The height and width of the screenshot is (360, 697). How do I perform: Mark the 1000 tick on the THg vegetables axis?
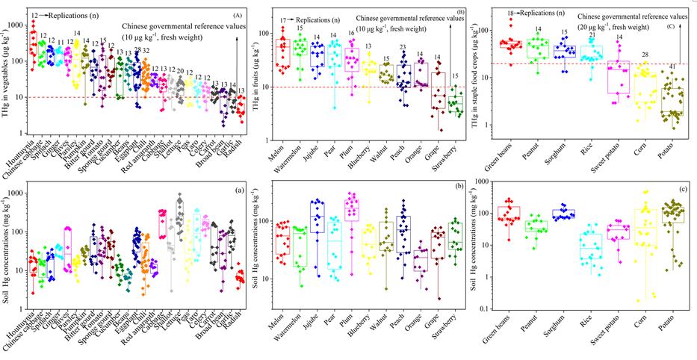click(x=23, y=24)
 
